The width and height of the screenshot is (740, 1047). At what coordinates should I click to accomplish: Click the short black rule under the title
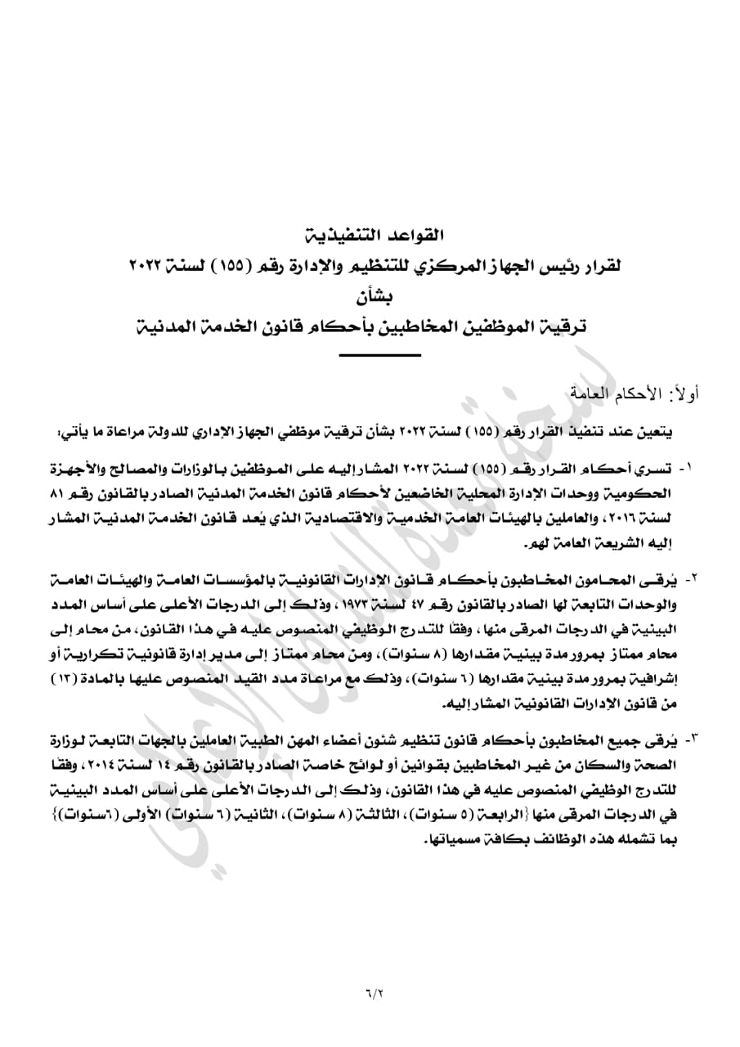tap(379, 354)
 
